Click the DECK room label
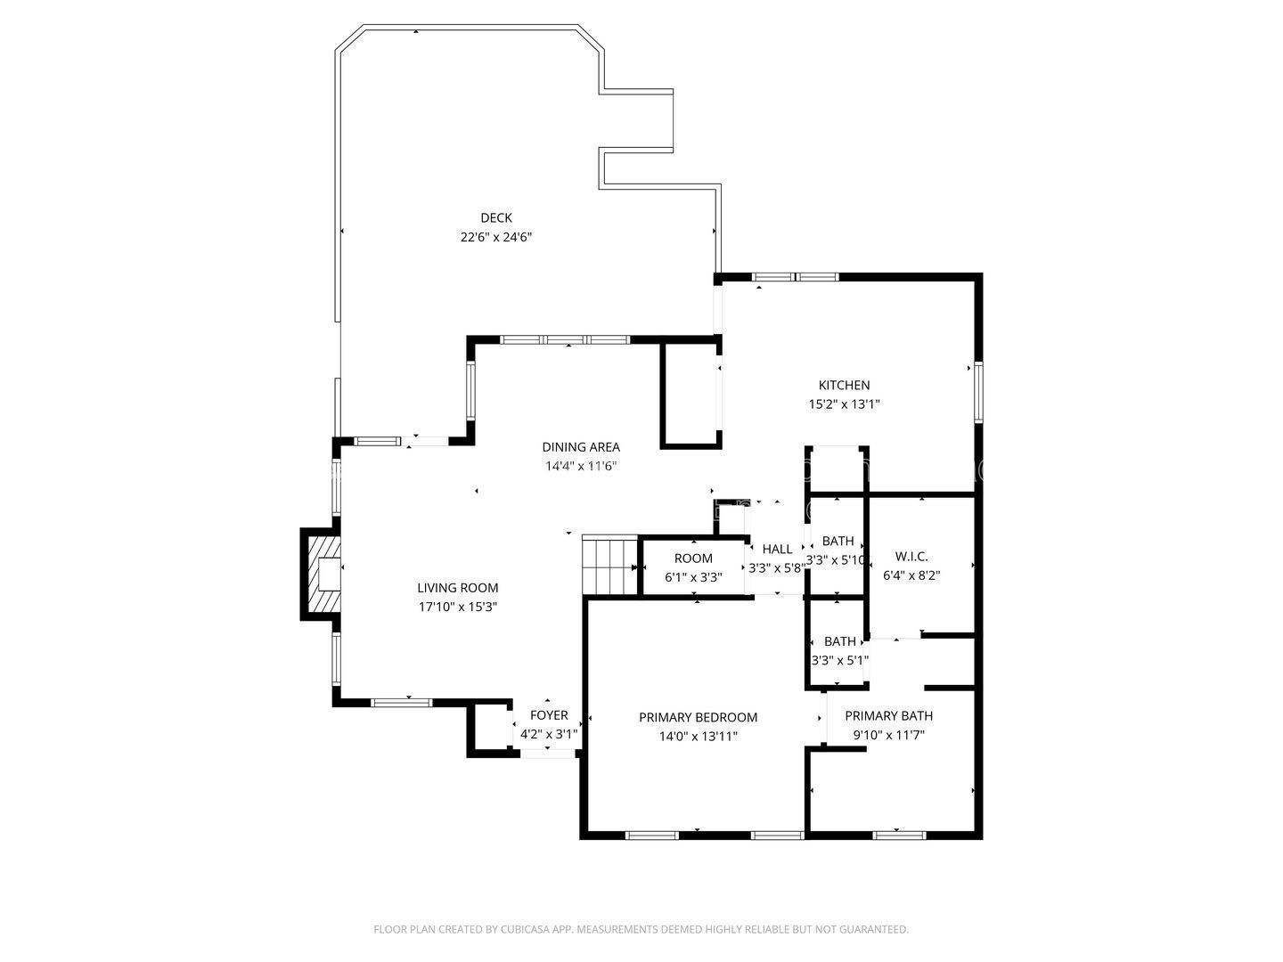click(495, 218)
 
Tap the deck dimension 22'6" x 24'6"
click(495, 237)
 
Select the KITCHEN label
click(844, 385)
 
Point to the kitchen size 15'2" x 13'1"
click(844, 404)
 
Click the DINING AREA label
click(580, 447)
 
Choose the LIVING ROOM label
click(458, 588)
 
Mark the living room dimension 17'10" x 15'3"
click(458, 607)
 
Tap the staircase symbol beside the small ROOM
click(609, 566)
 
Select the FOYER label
click(549, 715)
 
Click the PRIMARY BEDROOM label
click(698, 717)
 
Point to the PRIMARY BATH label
click(888, 715)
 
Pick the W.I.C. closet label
click(911, 557)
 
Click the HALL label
click(777, 549)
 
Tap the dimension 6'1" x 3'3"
click(693, 578)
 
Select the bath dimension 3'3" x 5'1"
click(839, 661)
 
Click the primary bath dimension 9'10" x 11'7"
click(888, 735)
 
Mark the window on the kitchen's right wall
click(978, 392)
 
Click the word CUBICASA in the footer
click(526, 929)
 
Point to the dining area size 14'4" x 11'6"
click(581, 466)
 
